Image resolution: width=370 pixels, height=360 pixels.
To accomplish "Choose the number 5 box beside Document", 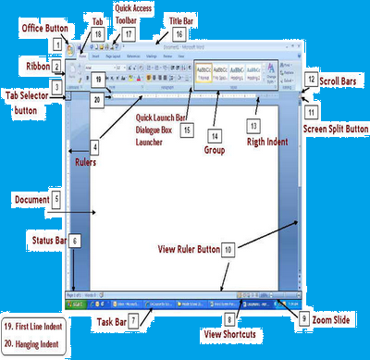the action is (56, 198).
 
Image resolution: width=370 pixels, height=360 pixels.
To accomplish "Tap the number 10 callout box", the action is (228, 249).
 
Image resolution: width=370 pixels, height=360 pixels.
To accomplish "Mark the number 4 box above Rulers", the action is (94, 146).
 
